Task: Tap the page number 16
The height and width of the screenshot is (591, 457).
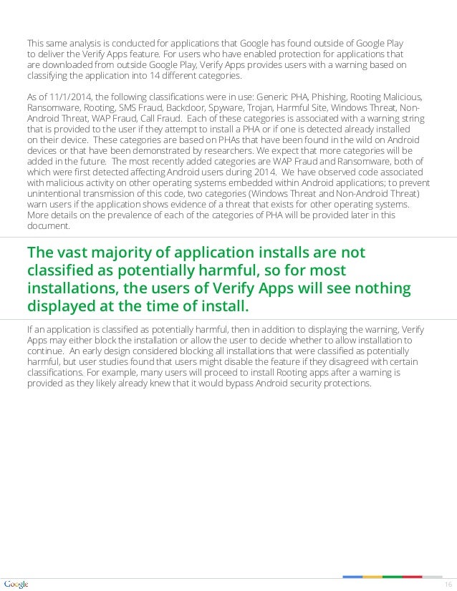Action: (449, 585)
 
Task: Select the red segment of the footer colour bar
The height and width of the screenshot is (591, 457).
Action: (413, 577)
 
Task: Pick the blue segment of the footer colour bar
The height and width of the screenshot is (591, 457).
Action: (352, 577)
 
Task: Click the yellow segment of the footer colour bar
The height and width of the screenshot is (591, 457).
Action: (372, 577)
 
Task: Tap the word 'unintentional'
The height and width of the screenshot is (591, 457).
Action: (55, 193)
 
